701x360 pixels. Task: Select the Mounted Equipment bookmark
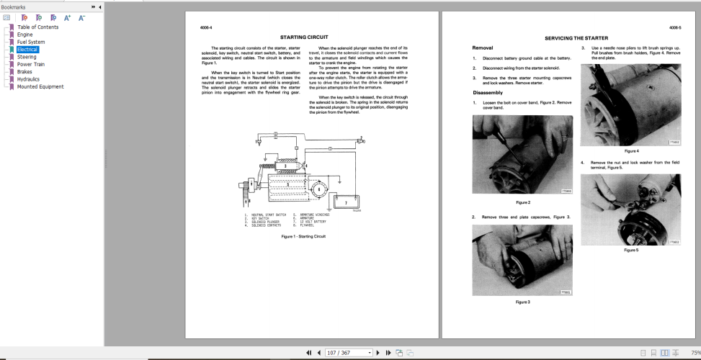[x=40, y=86]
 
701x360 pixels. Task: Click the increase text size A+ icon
[x=67, y=17]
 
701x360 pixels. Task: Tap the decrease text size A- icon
[x=81, y=17]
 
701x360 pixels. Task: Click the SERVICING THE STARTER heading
[x=576, y=37]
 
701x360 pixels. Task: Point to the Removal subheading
[x=482, y=47]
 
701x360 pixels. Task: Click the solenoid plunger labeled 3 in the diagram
[x=285, y=166]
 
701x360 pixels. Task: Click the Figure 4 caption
[x=632, y=151]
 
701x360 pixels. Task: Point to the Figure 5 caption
[x=632, y=251]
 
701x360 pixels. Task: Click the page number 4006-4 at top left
[x=206, y=27]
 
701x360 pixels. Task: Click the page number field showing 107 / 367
[x=349, y=353]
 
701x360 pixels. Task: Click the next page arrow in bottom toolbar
[x=380, y=353]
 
